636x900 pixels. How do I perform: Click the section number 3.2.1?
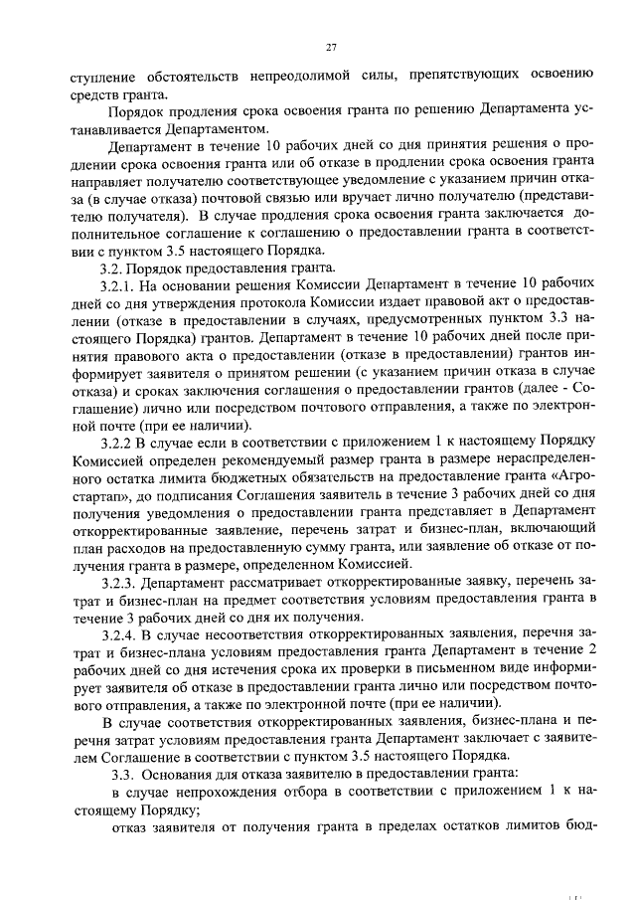(x=118, y=287)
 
